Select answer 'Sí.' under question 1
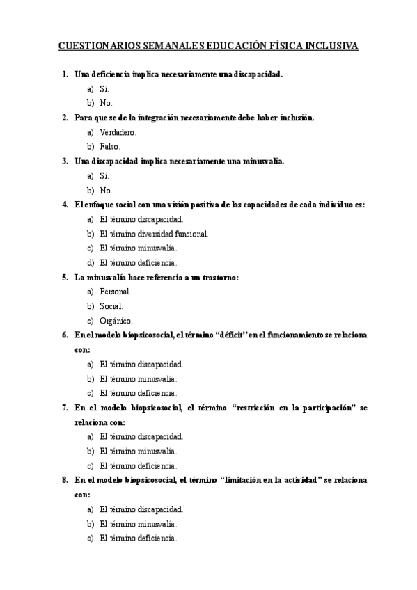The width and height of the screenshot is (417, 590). (104, 88)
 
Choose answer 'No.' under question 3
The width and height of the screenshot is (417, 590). (106, 190)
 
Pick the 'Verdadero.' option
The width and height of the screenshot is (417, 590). (118, 132)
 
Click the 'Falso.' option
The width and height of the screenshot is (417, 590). (110, 147)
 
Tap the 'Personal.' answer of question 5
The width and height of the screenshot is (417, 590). (115, 292)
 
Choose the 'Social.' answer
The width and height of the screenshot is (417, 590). (111, 306)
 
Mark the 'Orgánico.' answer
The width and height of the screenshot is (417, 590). (116, 321)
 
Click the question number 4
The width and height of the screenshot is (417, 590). (64, 205)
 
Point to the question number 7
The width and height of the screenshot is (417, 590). (64, 408)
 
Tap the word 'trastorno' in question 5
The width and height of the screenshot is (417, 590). (217, 278)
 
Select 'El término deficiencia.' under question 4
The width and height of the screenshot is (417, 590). (139, 263)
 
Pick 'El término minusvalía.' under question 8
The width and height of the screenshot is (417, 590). (139, 524)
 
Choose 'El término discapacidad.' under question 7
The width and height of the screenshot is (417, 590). (141, 437)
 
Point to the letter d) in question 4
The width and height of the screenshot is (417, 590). (90, 263)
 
